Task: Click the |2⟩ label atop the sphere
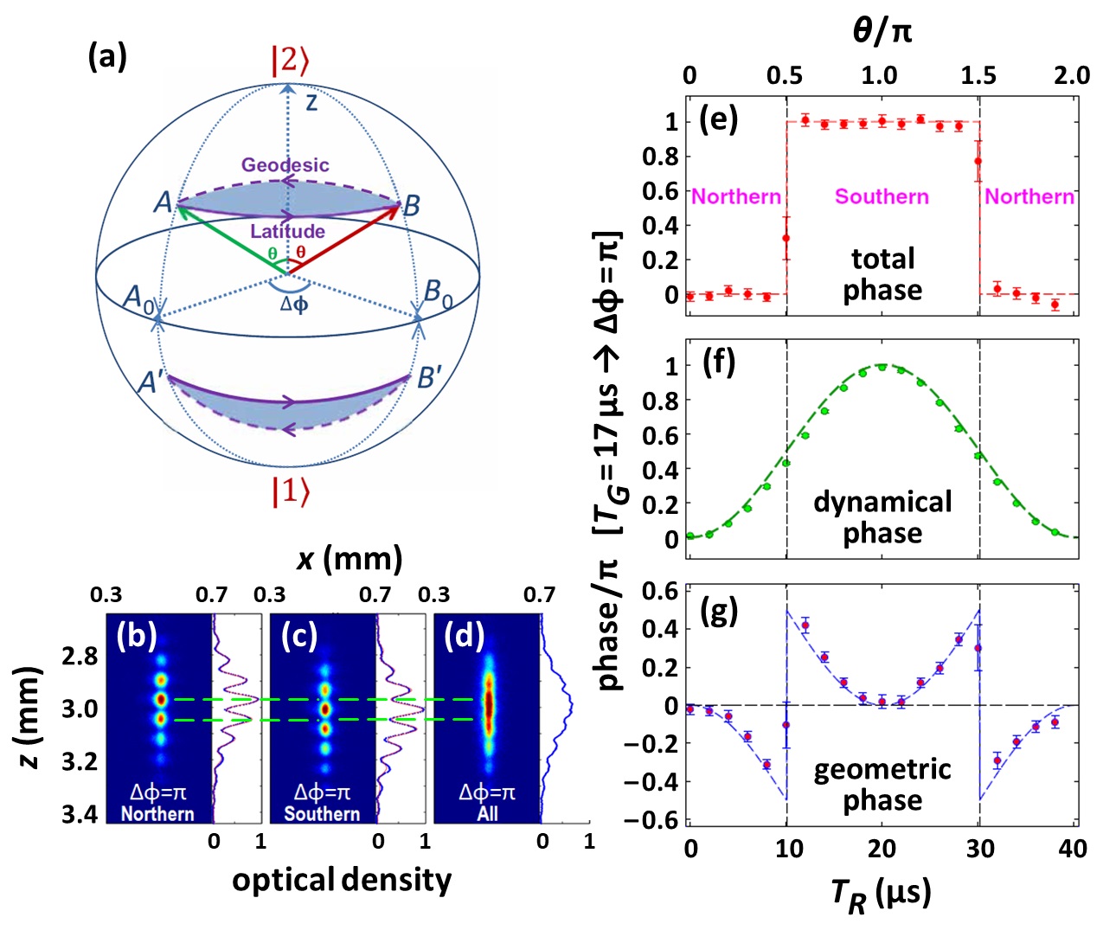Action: pos(290,61)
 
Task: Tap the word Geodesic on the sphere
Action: pos(285,164)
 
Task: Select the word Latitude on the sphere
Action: pos(287,231)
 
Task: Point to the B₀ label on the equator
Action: pos(438,293)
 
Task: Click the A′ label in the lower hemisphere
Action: pos(152,382)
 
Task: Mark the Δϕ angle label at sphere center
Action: pos(294,304)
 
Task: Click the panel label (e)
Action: pos(718,119)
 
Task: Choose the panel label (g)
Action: pos(718,611)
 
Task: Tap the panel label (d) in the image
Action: pos(464,636)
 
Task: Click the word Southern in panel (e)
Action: pos(882,197)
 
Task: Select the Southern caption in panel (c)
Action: pos(322,814)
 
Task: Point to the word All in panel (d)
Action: pos(487,814)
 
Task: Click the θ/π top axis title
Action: pos(882,32)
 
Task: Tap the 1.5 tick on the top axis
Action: pos(978,75)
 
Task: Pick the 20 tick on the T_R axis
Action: pos(882,849)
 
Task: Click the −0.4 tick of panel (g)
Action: pos(656,782)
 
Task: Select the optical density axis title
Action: pos(342,880)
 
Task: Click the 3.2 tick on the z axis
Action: pos(80,761)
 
